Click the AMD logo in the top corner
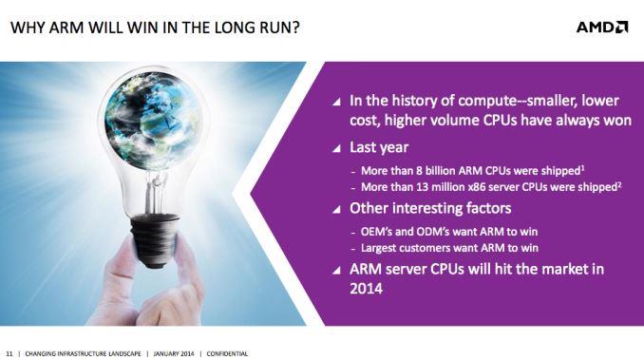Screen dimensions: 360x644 click(x=602, y=27)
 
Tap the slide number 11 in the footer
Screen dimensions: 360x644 click(x=9, y=352)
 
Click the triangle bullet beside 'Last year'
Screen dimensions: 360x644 click(x=336, y=148)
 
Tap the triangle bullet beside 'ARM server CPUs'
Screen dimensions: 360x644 click(x=336, y=269)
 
